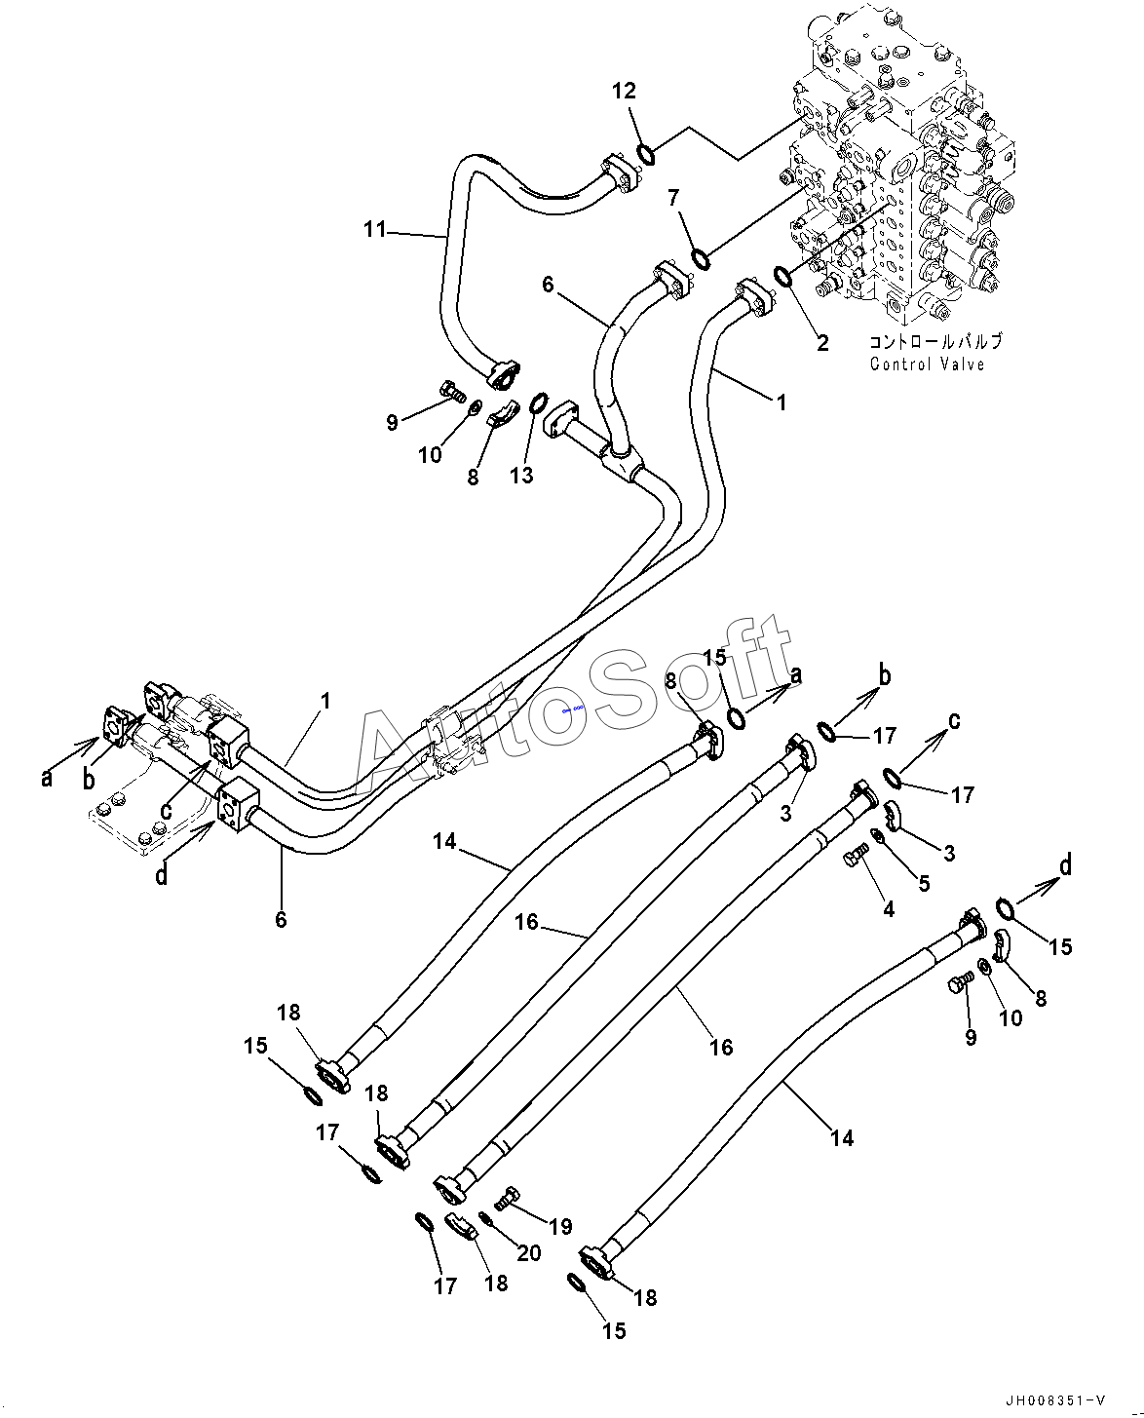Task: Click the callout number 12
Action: (624, 91)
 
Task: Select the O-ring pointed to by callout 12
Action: (646, 156)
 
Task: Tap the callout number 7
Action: (672, 197)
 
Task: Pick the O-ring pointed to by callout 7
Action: (701, 259)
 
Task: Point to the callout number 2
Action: (822, 343)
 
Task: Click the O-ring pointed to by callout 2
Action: (782, 276)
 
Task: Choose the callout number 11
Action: (375, 230)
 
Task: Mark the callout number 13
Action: (521, 475)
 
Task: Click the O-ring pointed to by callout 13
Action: (539, 402)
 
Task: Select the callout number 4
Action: (889, 910)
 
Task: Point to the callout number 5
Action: (924, 884)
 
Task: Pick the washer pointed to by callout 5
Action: (877, 837)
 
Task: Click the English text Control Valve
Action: (928, 364)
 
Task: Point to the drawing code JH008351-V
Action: (1055, 1400)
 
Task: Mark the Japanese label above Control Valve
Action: (935, 342)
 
